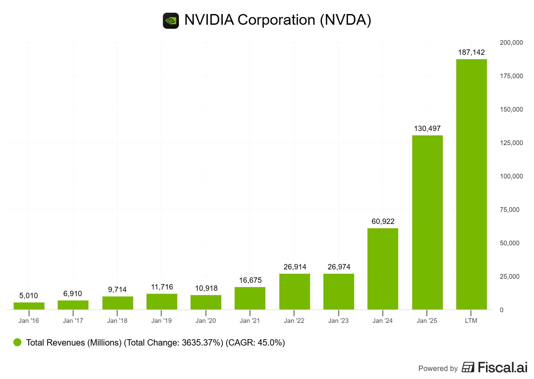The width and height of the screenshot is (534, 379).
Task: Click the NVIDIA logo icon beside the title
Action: pos(171,21)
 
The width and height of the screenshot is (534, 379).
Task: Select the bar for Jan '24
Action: pos(382,269)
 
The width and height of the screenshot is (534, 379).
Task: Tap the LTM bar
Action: pos(471,184)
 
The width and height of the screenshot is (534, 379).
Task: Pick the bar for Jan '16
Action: pos(29,306)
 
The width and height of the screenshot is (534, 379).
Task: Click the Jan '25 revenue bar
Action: pos(427,222)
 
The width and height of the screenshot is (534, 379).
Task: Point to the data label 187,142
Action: pos(471,52)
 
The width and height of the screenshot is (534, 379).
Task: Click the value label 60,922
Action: pos(383,222)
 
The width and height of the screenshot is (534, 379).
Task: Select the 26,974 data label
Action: pos(339,267)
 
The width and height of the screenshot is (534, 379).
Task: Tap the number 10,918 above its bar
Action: pos(206,288)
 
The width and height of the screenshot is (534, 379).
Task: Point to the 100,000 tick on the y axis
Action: pos(511,176)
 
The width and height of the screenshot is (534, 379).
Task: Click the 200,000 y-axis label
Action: pos(511,43)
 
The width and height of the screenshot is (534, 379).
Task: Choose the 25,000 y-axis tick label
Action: pos(510,277)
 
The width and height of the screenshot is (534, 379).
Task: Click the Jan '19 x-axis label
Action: pos(162,321)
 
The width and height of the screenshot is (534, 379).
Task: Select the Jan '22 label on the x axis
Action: pos(294,321)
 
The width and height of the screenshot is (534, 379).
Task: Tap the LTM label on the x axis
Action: pos(471,321)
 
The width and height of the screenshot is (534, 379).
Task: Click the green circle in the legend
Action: pos(17,342)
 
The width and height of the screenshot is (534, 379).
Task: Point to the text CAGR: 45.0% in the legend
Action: pos(256,343)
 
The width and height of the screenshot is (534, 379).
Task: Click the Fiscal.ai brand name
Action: pos(502,368)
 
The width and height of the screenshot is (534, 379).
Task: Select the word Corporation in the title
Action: pos(276,20)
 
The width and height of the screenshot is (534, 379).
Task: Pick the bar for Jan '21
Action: pos(250,298)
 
